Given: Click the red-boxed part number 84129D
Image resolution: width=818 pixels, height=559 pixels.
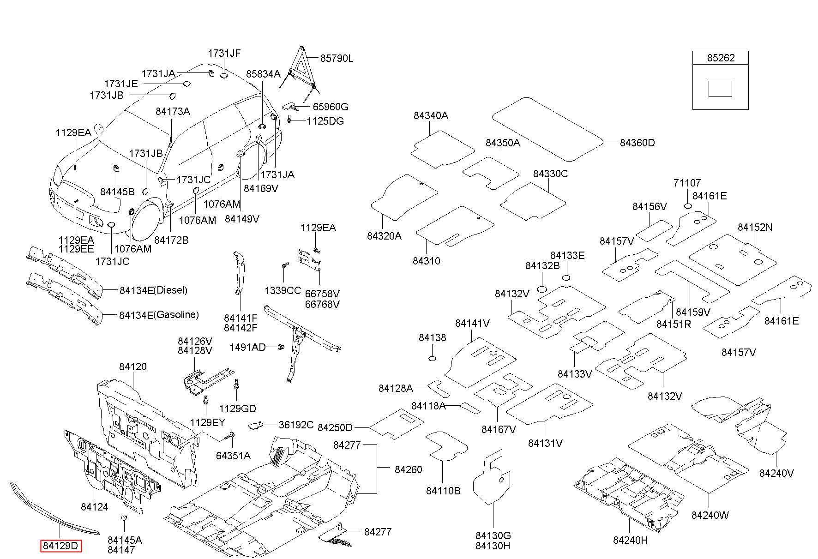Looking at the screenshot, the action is [60, 546].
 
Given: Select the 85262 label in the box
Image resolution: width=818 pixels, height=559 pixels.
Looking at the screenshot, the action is [721, 58].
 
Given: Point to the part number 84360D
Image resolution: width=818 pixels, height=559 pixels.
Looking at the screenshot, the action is [637, 143].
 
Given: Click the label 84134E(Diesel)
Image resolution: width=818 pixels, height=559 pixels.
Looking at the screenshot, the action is [153, 290].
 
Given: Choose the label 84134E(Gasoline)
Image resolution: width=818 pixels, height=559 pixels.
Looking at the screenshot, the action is [159, 315].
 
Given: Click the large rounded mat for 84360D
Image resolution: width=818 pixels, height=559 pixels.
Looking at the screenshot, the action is [547, 129].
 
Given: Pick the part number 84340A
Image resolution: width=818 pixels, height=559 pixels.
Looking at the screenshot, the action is [431, 115].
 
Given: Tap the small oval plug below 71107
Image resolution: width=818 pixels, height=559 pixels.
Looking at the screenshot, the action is [687, 206].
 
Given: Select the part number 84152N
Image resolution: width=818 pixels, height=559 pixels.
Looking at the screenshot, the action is [755, 227].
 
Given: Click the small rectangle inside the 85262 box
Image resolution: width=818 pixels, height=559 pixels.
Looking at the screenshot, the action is [720, 89].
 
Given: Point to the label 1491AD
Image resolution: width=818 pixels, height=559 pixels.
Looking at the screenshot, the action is [247, 347].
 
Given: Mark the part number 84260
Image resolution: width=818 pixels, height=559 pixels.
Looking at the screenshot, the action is [408, 469].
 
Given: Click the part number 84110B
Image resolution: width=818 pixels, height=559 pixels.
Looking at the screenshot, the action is [443, 491].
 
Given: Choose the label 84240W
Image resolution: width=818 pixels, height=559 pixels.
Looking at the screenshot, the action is [710, 515].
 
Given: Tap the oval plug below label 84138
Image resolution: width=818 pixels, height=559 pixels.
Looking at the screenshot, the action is [433, 359].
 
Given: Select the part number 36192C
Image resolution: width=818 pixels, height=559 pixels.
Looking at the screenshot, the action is [296, 425].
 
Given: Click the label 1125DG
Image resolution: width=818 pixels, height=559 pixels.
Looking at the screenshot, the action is [325, 121].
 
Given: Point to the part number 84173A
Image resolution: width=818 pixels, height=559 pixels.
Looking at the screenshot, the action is [173, 111].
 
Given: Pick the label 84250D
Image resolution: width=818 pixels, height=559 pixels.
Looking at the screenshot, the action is [335, 427].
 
